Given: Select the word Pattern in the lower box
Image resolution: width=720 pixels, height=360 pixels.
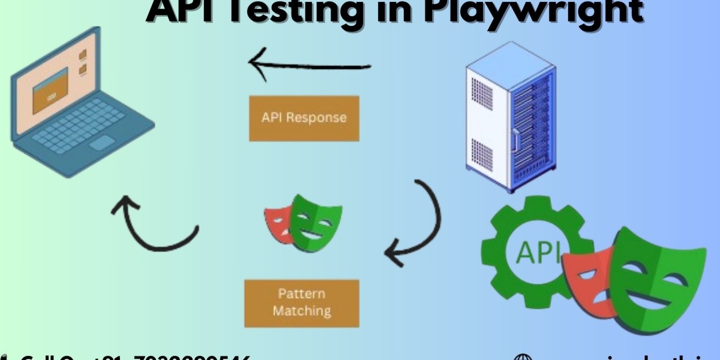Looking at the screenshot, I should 301,294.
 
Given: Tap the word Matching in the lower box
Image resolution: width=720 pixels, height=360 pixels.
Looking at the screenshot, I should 301,311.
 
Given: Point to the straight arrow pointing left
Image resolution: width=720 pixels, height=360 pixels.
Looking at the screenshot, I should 310,64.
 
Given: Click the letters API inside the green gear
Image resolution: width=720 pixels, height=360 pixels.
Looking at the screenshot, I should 532,251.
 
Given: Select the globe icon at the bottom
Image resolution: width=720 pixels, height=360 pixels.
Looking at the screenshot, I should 524,356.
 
